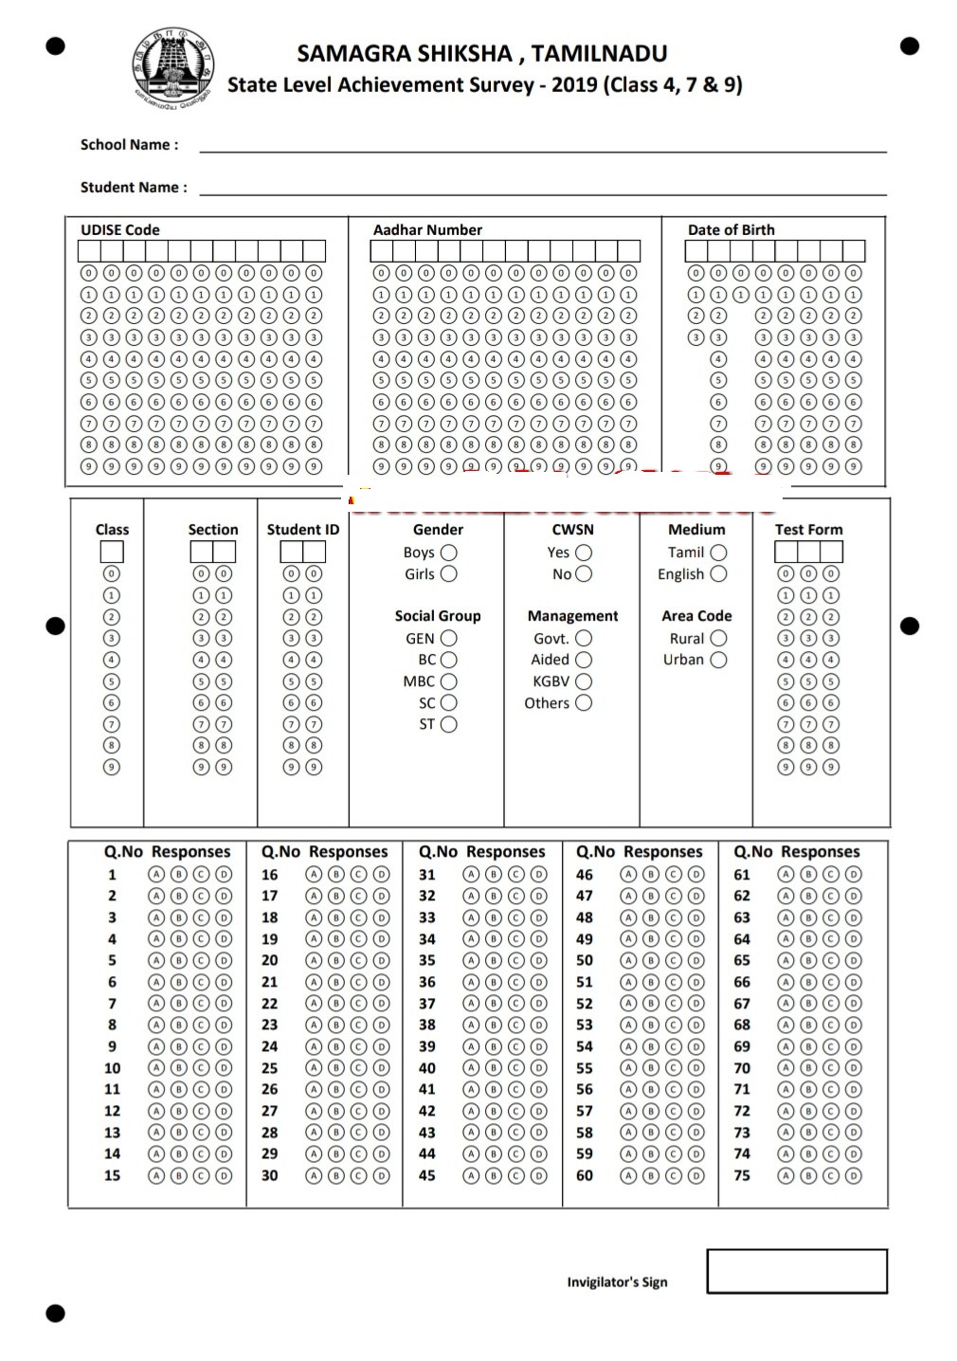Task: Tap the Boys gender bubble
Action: pos(448,553)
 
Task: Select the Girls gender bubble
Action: pos(448,573)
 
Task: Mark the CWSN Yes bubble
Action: pos(584,553)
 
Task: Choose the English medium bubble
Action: pos(719,573)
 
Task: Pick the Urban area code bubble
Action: pos(719,660)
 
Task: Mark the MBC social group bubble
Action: pos(448,681)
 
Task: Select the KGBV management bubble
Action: pos(584,681)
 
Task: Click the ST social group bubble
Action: pos(448,724)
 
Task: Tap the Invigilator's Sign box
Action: pos(797,1271)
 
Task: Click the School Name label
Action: pos(129,145)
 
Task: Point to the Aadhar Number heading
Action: pos(427,230)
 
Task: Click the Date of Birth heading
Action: pos(731,230)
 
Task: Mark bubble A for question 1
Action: pos(156,874)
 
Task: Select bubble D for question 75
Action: pos(854,1175)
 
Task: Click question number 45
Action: pos(427,1175)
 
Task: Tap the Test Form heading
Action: pos(808,530)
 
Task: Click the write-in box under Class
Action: pos(112,552)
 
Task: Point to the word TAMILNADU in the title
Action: pos(599,53)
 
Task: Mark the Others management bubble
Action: pos(584,703)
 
